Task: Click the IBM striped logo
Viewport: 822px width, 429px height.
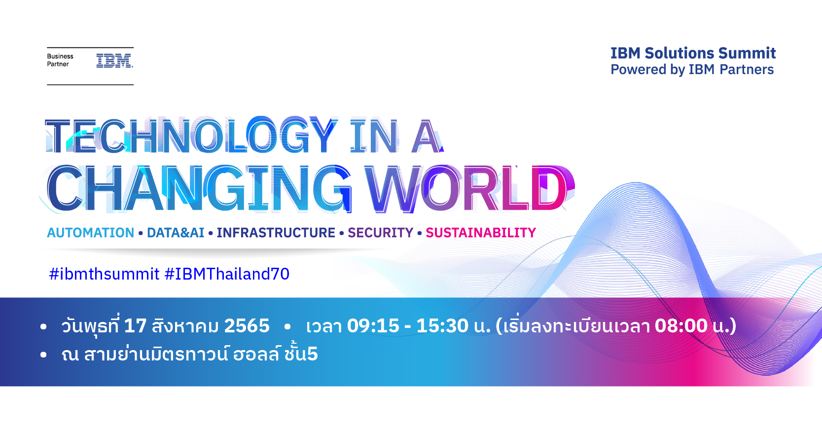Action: [114, 61]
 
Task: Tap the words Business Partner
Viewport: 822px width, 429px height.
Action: [60, 60]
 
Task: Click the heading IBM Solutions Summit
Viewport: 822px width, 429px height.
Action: [693, 53]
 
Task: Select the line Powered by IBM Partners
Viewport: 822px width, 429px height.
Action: [692, 70]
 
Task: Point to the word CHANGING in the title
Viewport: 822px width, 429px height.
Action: [199, 188]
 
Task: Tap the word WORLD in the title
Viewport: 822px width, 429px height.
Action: [470, 188]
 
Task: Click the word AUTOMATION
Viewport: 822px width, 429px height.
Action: [91, 233]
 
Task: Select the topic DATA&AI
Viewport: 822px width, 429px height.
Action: [176, 233]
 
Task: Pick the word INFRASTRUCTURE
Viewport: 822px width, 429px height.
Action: [276, 233]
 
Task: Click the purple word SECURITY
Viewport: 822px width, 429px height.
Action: [381, 233]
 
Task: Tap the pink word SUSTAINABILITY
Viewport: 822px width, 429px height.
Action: [481, 233]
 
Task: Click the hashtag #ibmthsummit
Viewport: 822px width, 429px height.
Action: [104, 274]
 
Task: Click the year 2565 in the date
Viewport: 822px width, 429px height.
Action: [247, 326]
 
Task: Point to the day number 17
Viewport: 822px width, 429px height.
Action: [136, 326]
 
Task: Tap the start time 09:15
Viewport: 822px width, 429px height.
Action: [373, 326]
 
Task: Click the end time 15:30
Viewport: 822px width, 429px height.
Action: [442, 326]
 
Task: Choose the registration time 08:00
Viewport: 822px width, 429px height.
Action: [681, 326]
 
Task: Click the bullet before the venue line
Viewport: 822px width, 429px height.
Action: [44, 355]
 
